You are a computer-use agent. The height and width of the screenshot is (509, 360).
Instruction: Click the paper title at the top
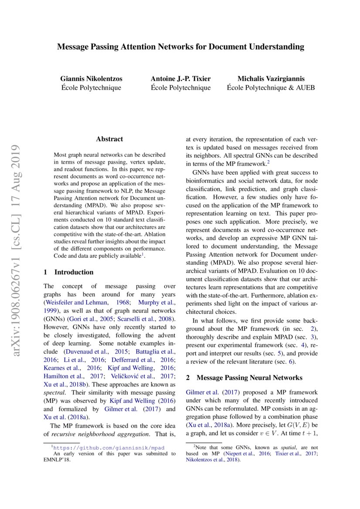coord(180,47)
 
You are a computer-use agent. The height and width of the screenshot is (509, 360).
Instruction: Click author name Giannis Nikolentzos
coord(91,79)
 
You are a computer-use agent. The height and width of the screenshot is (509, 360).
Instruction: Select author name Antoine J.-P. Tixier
coord(180,79)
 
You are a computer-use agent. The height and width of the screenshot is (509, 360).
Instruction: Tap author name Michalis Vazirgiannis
coord(271,79)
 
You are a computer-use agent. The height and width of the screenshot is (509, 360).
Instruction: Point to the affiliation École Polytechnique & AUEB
coord(271,88)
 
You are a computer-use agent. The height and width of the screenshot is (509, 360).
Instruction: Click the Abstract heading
coord(109,139)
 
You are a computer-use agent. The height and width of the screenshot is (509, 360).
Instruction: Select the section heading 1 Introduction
coord(68,272)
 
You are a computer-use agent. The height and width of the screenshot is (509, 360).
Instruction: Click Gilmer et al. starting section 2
coord(203,393)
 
